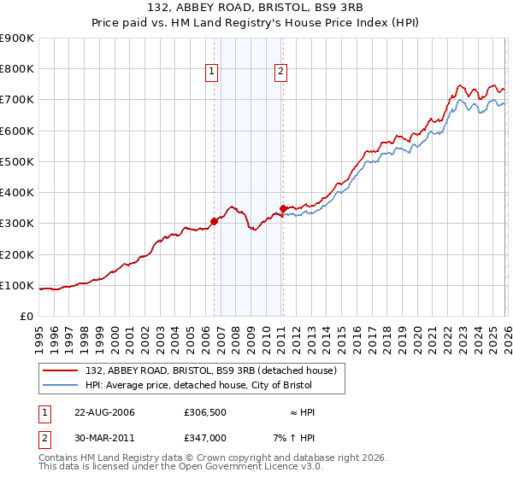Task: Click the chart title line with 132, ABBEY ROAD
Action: tap(256, 9)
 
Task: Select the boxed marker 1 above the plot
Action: tap(211, 73)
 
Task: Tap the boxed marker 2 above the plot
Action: tap(280, 73)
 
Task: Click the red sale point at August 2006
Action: tap(214, 221)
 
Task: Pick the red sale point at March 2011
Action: tap(283, 208)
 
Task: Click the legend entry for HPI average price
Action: tap(198, 385)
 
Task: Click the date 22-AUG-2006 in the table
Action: tap(104, 412)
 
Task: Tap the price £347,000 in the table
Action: tap(205, 437)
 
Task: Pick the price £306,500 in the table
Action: tap(205, 412)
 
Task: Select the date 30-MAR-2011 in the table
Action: tap(104, 437)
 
